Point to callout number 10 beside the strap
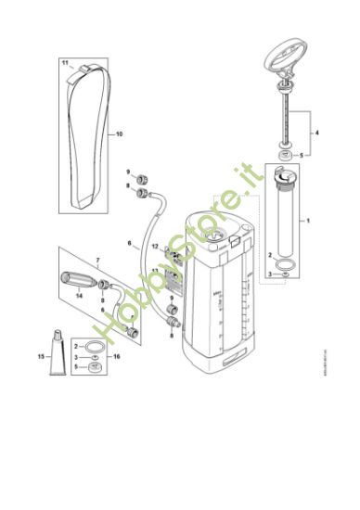tap(119, 134)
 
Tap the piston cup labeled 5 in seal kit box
tap(94, 366)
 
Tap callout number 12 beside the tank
tap(156, 246)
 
